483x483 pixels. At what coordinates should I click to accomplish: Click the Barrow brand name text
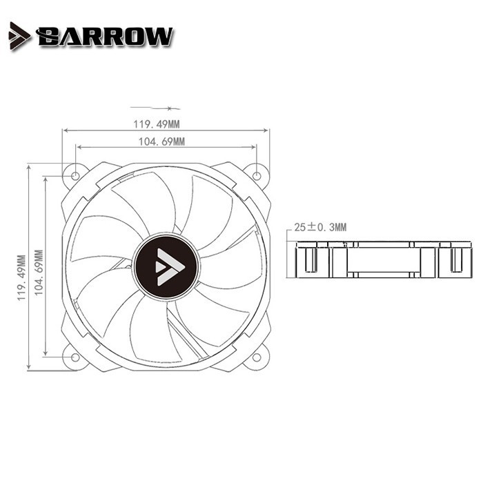[106, 37]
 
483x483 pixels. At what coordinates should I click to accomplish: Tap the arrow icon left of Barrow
[19, 36]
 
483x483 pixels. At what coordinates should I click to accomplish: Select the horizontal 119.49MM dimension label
[156, 124]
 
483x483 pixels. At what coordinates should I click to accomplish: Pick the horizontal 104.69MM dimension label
[161, 141]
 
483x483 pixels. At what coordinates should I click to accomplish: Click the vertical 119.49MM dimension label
[21, 277]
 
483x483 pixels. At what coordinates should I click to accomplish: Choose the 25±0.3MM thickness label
[320, 227]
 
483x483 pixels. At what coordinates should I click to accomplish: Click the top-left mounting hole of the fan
[75, 176]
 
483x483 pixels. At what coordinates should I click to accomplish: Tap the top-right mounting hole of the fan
[257, 176]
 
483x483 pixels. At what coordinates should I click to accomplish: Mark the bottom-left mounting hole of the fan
[75, 357]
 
